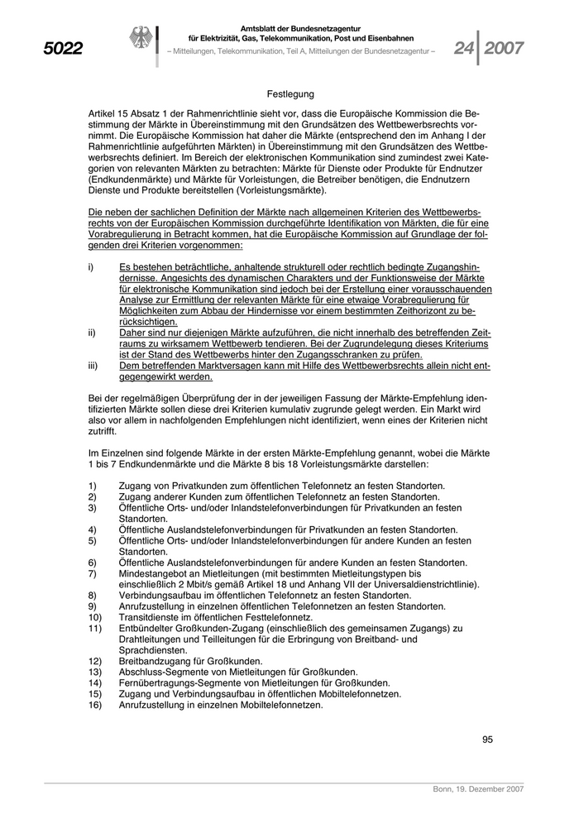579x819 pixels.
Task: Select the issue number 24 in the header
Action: click(x=466, y=48)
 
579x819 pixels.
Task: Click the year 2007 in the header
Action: click(x=505, y=48)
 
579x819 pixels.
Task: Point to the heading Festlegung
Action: click(x=290, y=95)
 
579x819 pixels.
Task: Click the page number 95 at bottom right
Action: click(x=487, y=739)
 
